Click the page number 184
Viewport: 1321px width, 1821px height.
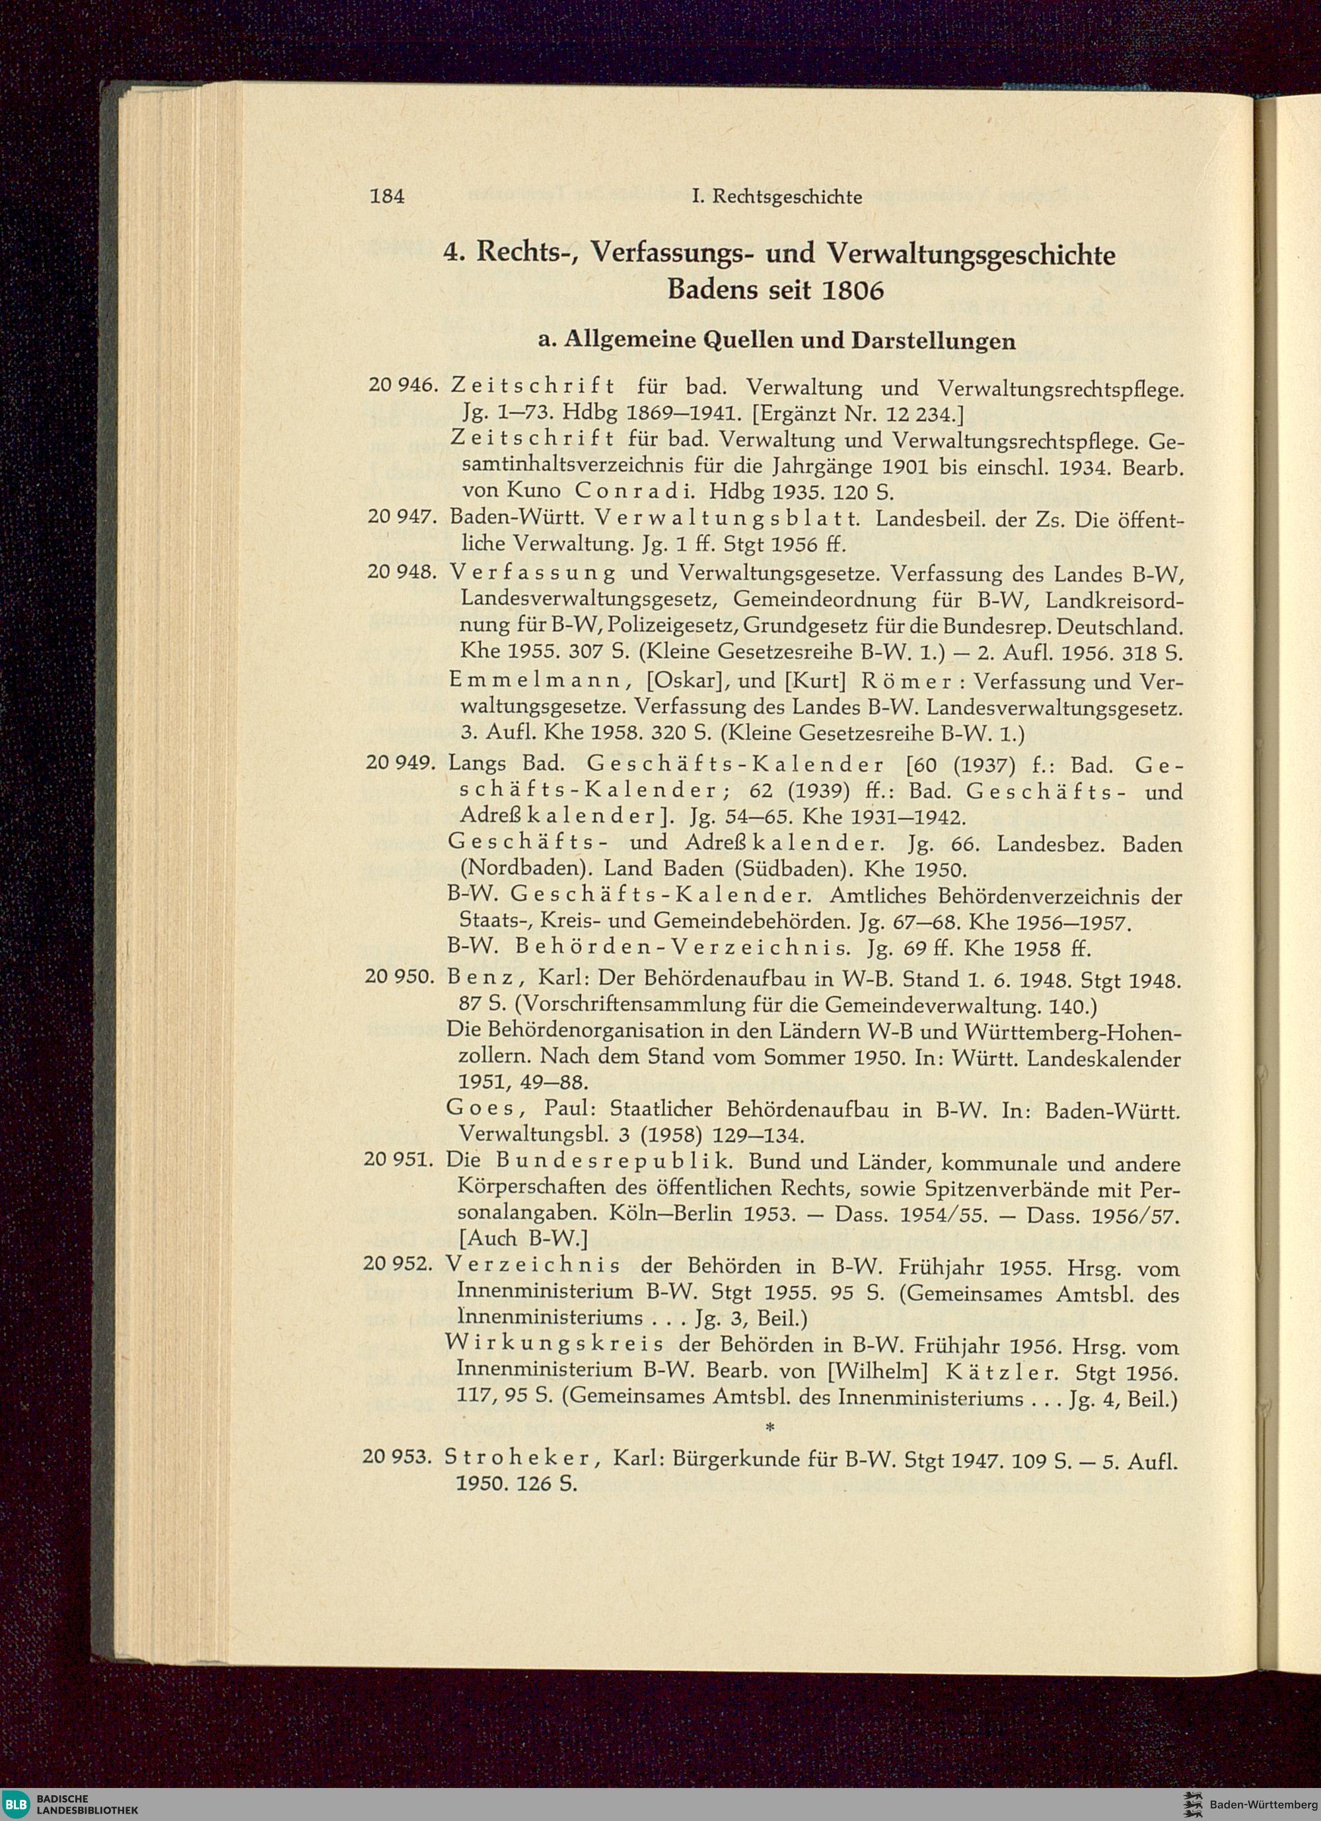tap(387, 197)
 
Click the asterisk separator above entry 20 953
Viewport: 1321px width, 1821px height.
tap(769, 1427)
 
